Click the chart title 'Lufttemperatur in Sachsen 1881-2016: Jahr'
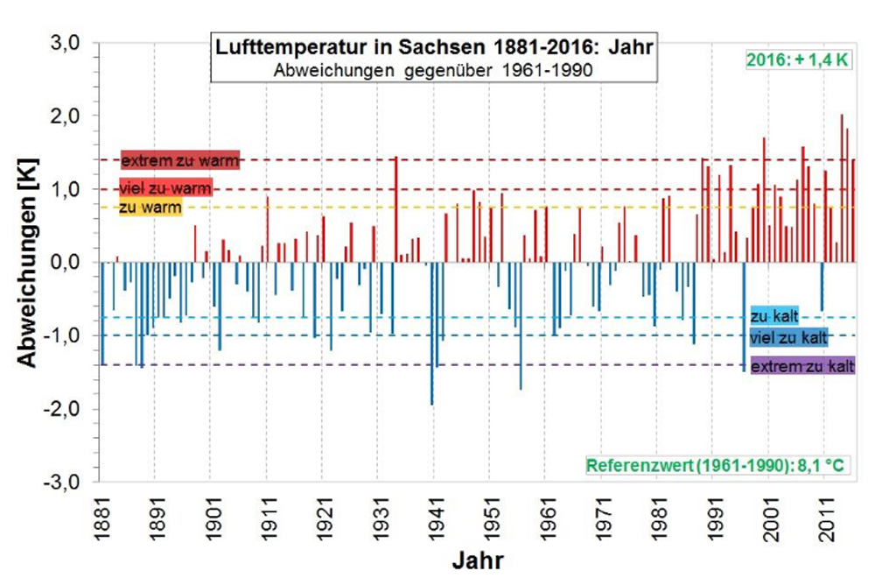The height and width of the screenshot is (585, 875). point(434,46)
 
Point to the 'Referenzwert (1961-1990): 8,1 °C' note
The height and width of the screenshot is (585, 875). point(717,465)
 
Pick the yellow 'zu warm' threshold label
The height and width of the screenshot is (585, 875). point(150,208)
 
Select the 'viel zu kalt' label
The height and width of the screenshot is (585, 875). point(787,337)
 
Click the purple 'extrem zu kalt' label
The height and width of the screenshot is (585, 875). point(801,366)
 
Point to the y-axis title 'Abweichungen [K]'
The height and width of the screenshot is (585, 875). point(27,263)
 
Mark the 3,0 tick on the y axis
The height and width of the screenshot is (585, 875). point(64,43)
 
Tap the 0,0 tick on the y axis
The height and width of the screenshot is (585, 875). point(64,263)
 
